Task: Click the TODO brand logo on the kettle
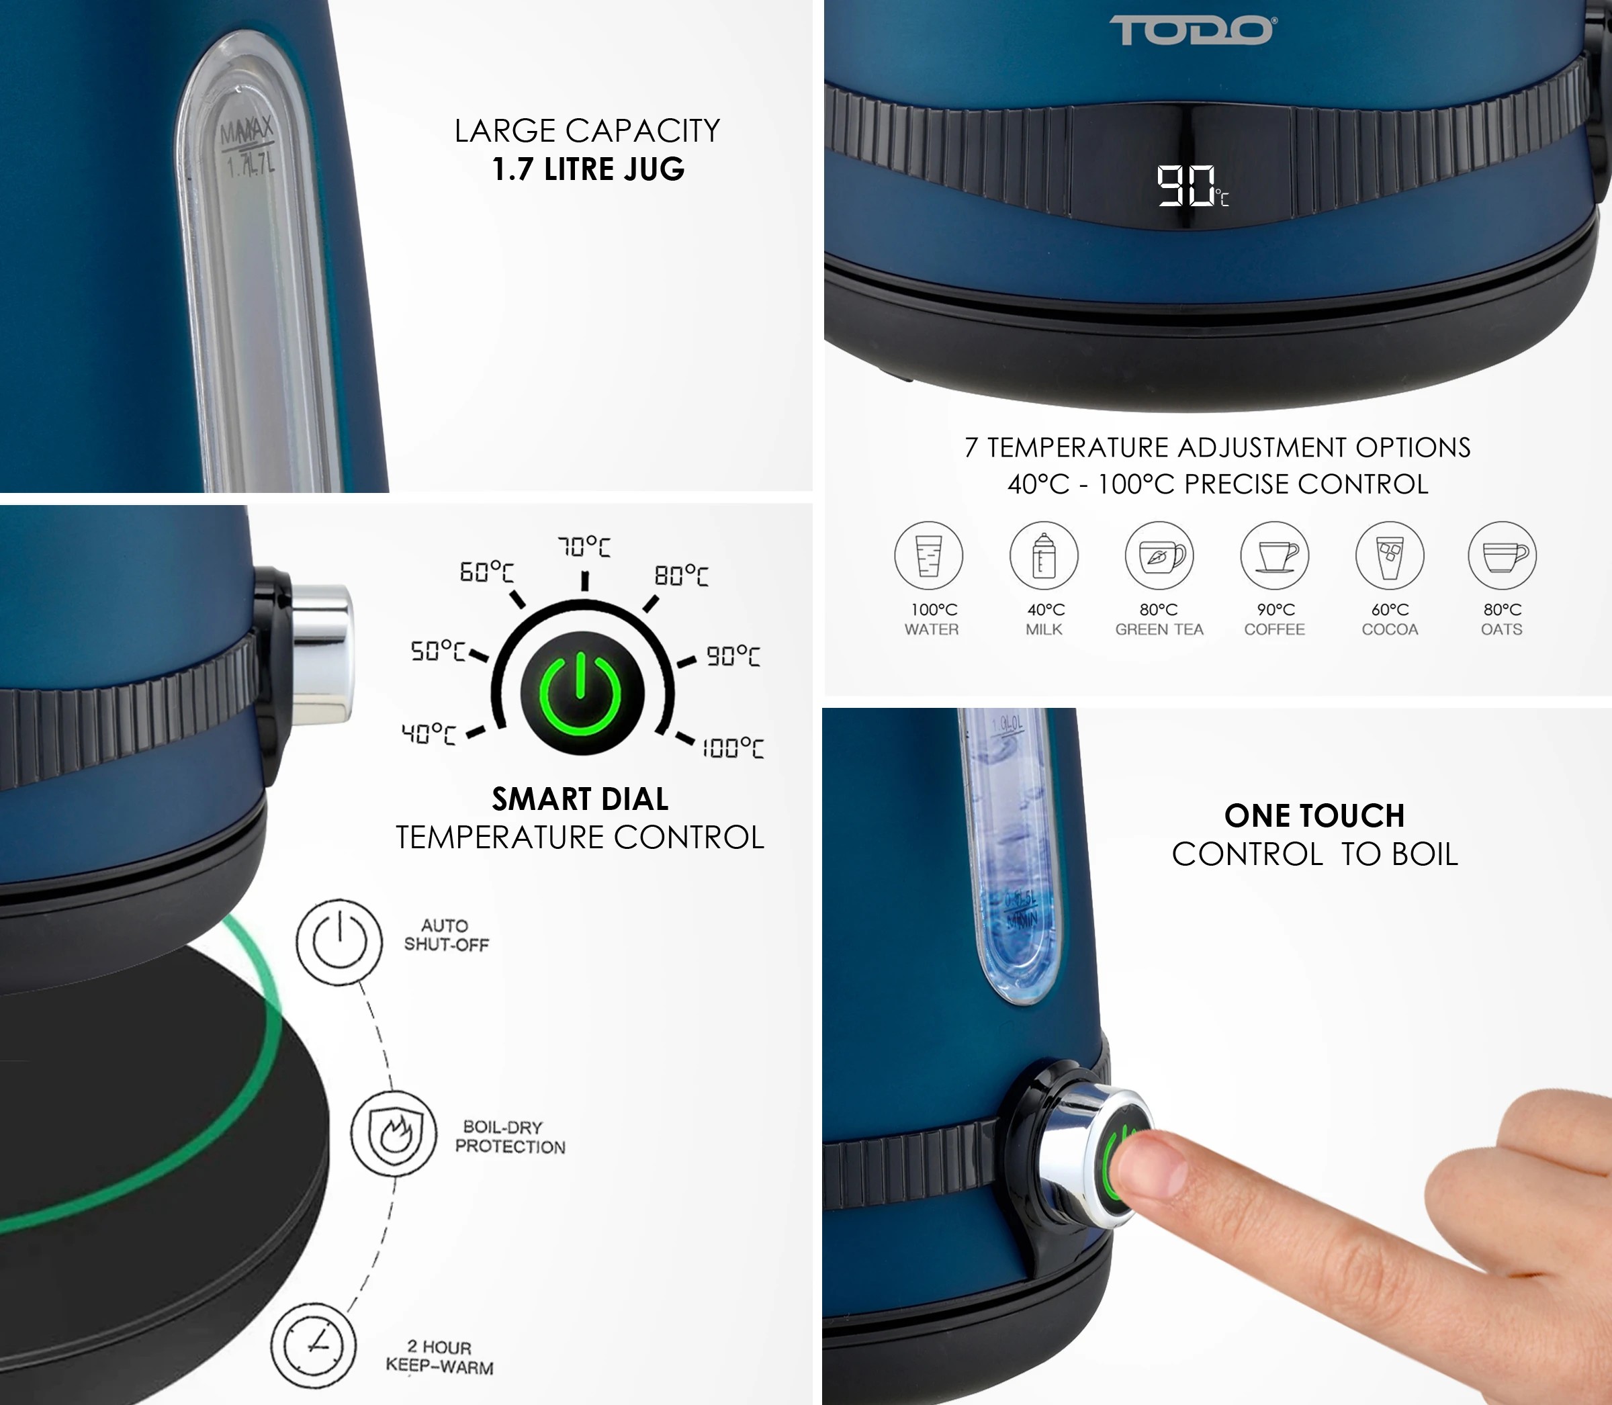pyautogui.click(x=1192, y=31)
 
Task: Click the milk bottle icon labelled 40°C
pyautogui.click(x=1044, y=555)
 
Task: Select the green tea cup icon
pyautogui.click(x=1159, y=555)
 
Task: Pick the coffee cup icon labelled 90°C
pyautogui.click(x=1274, y=555)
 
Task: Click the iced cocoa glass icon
pyautogui.click(x=1389, y=555)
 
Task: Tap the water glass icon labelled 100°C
pyautogui.click(x=928, y=555)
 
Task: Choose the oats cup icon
pyautogui.click(x=1501, y=555)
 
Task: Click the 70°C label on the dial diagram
pyautogui.click(x=583, y=547)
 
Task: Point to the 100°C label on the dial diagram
pyautogui.click(x=732, y=748)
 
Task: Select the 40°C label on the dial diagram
pyautogui.click(x=428, y=734)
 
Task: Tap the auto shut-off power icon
pyautogui.click(x=339, y=942)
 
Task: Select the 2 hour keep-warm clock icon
pyautogui.click(x=313, y=1345)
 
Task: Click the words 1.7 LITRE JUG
pyautogui.click(x=588, y=169)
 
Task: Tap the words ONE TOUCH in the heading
pyautogui.click(x=1314, y=815)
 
